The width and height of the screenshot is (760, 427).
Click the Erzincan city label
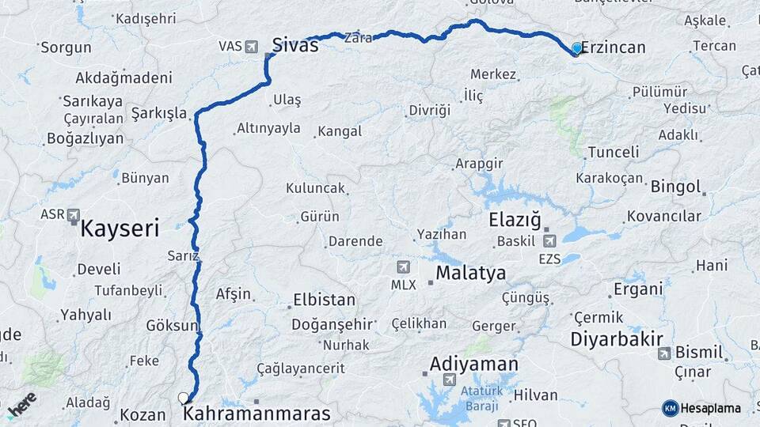[x=614, y=47]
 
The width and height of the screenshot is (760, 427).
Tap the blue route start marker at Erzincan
[x=576, y=49]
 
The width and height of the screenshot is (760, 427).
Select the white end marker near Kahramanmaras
[x=184, y=399]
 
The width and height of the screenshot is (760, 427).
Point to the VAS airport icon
[x=252, y=46]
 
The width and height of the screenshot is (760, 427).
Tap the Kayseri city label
[x=120, y=229]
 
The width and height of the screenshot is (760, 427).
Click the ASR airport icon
[x=74, y=214]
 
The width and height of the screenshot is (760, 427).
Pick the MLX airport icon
[x=405, y=267]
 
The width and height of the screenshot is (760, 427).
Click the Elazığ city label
[x=515, y=220]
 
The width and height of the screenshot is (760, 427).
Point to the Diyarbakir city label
[x=616, y=339]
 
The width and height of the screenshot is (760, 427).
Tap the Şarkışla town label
[x=159, y=113]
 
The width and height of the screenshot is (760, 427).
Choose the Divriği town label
[x=429, y=110]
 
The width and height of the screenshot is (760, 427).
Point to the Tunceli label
[x=613, y=153]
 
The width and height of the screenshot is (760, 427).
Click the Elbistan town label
[x=324, y=300]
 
